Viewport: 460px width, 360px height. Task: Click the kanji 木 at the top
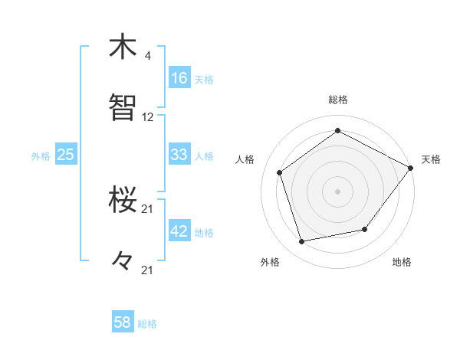coord(123,47)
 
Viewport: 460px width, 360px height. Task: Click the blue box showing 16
coord(179,77)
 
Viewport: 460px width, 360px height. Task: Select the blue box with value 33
coord(179,155)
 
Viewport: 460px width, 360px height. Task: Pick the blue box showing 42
coord(179,231)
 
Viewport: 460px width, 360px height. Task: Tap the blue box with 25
coord(65,155)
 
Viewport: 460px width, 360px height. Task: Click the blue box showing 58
coord(123,322)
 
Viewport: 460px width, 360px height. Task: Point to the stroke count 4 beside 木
coord(147,56)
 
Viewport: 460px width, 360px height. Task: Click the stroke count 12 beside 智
coord(148,117)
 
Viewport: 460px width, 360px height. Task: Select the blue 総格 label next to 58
coord(147,324)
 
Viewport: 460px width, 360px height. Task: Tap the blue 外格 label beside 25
coord(41,156)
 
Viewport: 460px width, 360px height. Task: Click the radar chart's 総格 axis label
coord(338,100)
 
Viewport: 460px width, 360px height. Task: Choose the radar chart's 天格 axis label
coord(431,159)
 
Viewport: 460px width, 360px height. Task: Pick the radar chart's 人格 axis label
coord(245,159)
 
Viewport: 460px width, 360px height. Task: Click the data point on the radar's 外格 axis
coord(302,242)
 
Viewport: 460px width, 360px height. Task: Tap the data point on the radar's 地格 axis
coord(365,229)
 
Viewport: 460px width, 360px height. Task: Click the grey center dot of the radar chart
coord(338,191)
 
